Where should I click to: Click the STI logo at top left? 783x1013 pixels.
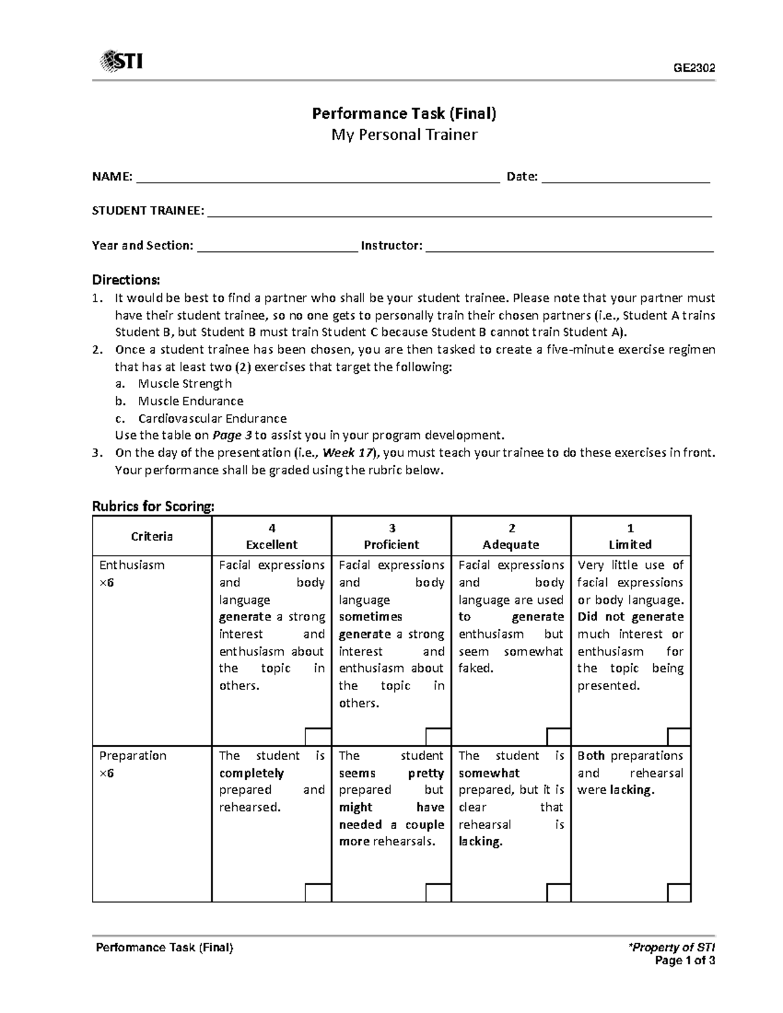tap(121, 62)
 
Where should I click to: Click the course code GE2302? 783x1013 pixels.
tap(694, 68)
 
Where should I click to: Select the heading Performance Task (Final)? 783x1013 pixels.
tap(404, 113)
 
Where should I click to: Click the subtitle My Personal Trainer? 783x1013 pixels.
tap(404, 135)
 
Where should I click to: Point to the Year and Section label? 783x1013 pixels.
tap(143, 246)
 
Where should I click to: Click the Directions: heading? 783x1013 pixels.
tap(126, 280)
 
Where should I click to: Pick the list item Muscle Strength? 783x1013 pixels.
tap(185, 384)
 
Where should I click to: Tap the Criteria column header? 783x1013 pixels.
tap(152, 536)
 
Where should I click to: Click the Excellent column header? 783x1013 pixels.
tap(271, 544)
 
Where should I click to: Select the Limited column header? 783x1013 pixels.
tap(630, 544)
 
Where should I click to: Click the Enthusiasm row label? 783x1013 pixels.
tap(132, 565)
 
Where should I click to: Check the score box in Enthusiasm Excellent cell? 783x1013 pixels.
tap(318, 736)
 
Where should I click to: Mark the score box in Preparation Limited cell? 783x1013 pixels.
tap(679, 893)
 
